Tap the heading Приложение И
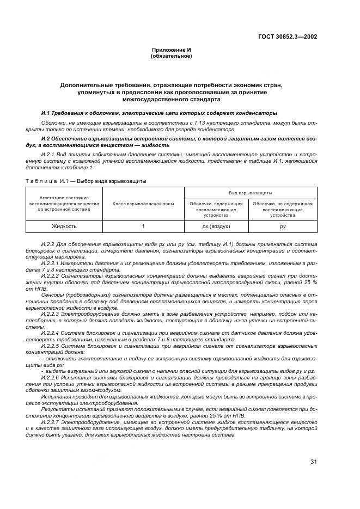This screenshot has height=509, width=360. click(x=172, y=50)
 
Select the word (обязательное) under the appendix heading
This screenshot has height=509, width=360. click(x=172, y=56)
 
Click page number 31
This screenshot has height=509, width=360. click(x=314, y=463)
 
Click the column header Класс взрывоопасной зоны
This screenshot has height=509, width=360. click(x=143, y=204)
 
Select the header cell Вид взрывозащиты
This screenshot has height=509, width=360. click(x=251, y=193)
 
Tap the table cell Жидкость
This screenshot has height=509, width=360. click(x=64, y=226)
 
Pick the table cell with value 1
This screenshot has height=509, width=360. click(x=143, y=226)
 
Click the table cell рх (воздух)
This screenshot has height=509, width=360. click(x=216, y=226)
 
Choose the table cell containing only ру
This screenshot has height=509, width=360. click(x=282, y=226)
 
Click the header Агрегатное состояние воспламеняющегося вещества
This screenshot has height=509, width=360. click(x=64, y=204)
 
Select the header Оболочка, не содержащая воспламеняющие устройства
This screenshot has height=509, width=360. click(x=282, y=209)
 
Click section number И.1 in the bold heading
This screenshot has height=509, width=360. click(x=46, y=113)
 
